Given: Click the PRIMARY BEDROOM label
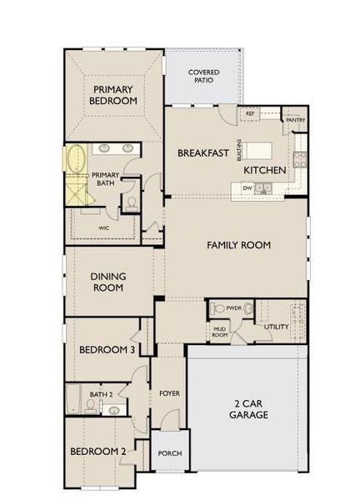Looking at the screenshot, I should [x=115, y=94].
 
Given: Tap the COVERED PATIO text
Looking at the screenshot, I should [x=203, y=77].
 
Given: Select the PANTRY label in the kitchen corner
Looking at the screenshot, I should [x=295, y=120].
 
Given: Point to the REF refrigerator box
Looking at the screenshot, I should [x=249, y=114].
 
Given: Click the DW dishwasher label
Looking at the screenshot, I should [x=247, y=188].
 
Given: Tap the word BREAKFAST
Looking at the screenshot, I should [x=203, y=153].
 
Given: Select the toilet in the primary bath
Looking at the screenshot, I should [x=131, y=202].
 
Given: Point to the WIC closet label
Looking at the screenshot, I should [x=103, y=227].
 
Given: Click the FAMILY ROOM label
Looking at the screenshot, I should [x=239, y=246].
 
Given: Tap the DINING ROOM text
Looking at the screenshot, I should [x=107, y=282].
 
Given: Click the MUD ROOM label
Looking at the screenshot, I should [x=219, y=332].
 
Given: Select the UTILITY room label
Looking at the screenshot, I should [x=276, y=327].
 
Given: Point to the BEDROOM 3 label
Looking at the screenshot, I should [x=107, y=351].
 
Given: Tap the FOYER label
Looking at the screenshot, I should [x=170, y=392].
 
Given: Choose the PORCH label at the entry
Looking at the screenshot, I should [x=170, y=453].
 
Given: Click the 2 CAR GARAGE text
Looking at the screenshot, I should [x=248, y=408].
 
